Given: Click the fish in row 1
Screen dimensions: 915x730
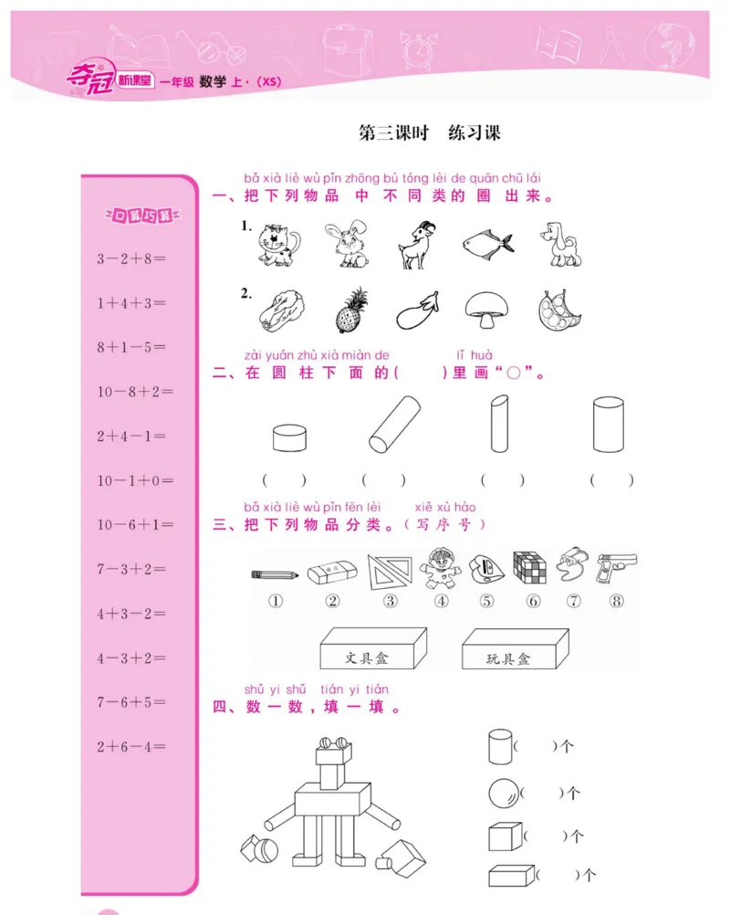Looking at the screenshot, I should click(486, 242).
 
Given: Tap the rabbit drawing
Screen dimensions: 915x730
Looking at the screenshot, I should click(346, 245).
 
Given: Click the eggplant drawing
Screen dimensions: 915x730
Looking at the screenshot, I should click(419, 311).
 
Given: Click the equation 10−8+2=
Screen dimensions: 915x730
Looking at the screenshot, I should click(135, 392).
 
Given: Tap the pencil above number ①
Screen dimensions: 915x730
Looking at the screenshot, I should click(275, 574).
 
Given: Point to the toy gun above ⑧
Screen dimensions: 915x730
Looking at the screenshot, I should click(616, 567).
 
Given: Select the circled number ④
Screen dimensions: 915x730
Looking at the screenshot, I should click(442, 601).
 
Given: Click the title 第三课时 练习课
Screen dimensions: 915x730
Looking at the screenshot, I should click(429, 133).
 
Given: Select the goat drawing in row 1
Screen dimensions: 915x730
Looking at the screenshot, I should click(417, 245).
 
